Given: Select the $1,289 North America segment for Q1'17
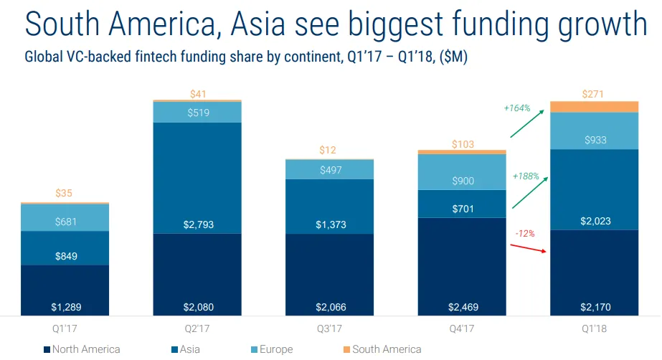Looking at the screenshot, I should tap(65, 290).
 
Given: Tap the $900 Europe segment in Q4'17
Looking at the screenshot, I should tap(462, 172).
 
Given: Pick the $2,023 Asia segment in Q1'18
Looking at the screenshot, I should tap(594, 190).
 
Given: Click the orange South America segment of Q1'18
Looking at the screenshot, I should tap(594, 107).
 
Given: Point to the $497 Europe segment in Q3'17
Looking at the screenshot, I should tap(329, 169).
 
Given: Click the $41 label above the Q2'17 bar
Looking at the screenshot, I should tap(197, 93).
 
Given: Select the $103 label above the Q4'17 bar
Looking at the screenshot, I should tap(462, 144).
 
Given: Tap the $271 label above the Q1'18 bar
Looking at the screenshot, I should tap(594, 93).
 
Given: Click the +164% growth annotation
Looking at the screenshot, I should tap(516, 108).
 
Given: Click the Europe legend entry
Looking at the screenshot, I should tap(271, 349).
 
